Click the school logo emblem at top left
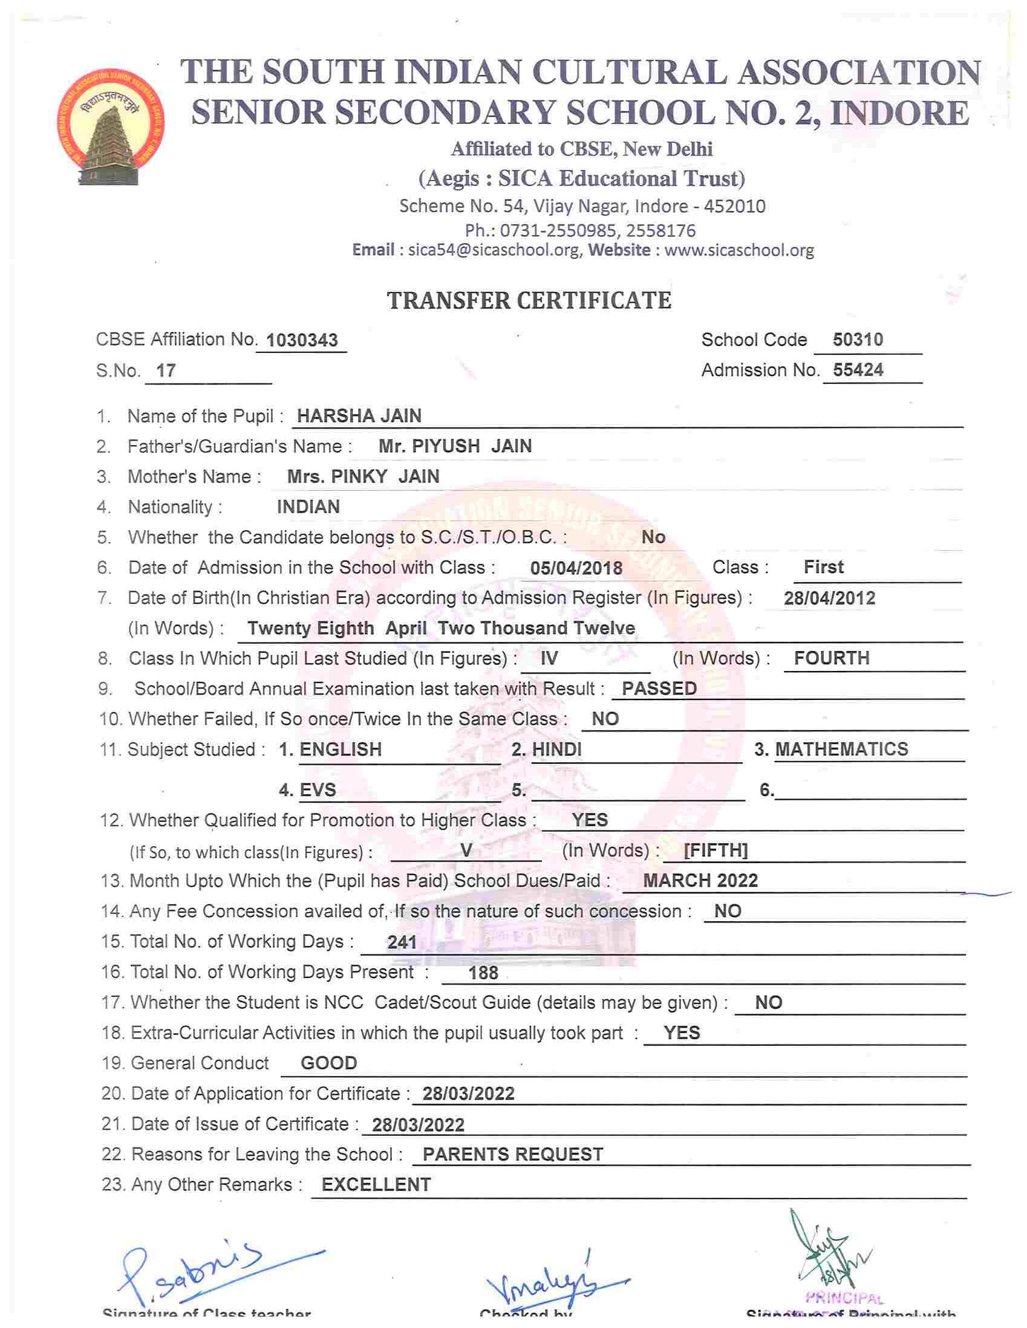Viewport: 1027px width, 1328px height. [111, 127]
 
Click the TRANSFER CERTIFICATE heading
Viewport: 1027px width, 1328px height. [529, 300]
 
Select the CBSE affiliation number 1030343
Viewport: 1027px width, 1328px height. [302, 340]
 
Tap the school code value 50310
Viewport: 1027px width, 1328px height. [857, 339]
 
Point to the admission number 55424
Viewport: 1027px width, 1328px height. [858, 370]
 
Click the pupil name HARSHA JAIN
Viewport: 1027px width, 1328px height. [359, 416]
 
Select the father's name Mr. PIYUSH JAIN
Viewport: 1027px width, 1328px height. [454, 446]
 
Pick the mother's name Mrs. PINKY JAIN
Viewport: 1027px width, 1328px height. [364, 477]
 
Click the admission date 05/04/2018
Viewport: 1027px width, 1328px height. [576, 568]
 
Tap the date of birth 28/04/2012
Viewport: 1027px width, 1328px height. [829, 598]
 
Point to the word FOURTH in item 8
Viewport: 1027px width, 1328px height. [831, 658]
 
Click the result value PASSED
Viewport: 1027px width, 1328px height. [659, 688]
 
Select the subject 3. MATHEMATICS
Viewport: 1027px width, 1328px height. [831, 749]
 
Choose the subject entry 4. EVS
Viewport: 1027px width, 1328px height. [307, 790]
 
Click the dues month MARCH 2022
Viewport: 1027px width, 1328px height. [700, 881]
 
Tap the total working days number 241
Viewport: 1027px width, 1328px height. [402, 942]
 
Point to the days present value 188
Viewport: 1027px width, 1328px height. [483, 973]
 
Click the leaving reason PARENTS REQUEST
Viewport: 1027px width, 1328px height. [512, 1155]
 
